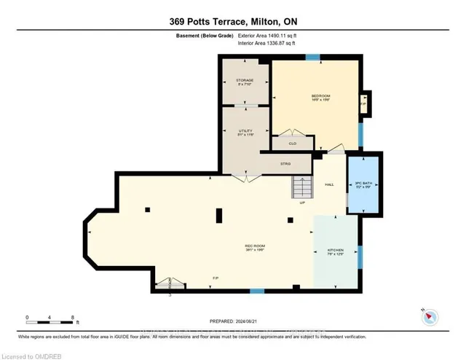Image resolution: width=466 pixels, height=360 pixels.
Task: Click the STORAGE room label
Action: coord(243,79)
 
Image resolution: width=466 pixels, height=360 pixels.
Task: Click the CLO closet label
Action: coord(293,144)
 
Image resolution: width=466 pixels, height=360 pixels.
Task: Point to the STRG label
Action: coord(285,164)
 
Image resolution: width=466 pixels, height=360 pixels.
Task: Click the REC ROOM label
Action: coord(253,246)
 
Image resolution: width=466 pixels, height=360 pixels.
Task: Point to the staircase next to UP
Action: coord(301,187)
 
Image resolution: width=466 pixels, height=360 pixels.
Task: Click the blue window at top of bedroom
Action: coord(313,58)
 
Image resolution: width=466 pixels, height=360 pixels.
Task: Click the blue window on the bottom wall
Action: coord(256,291)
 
